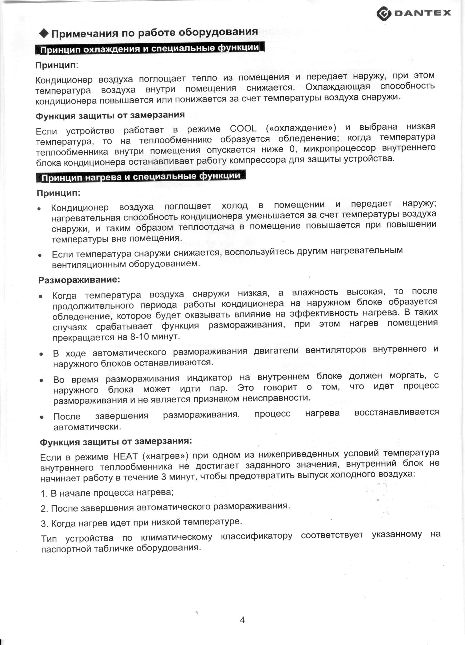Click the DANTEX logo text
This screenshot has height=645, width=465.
[423, 13]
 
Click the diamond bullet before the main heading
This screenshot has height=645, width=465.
[44, 33]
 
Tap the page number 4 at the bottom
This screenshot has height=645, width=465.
[242, 620]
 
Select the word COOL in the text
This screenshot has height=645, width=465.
[243, 129]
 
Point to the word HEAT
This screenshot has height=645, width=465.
[125, 456]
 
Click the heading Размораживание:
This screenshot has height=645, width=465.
[79, 280]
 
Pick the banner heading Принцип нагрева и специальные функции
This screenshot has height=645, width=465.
[141, 177]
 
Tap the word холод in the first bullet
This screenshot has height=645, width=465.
[234, 205]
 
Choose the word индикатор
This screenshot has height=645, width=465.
[209, 378]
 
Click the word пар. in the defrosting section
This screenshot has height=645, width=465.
[219, 388]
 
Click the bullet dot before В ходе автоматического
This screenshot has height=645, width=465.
[41, 354]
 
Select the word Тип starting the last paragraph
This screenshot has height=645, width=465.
[49, 538]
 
